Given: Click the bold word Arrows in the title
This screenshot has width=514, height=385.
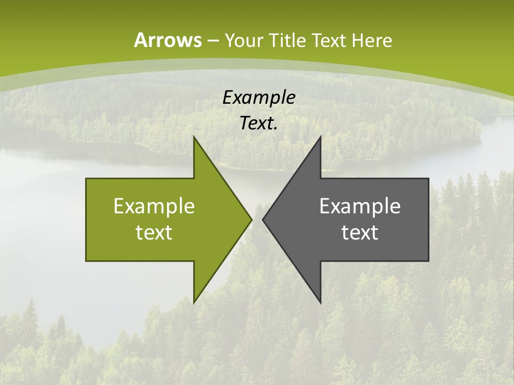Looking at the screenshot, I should click(x=168, y=40).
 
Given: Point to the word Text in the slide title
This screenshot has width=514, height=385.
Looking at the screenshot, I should click(x=329, y=40).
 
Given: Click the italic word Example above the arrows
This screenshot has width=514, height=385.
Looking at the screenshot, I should click(x=259, y=97).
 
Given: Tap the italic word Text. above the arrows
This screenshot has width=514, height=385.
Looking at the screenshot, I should click(x=259, y=123).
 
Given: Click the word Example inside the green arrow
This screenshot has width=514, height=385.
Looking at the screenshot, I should click(x=154, y=206).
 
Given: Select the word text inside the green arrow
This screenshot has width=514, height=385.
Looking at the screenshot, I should click(x=154, y=233).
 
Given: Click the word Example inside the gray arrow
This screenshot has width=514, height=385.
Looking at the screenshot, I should click(x=360, y=206).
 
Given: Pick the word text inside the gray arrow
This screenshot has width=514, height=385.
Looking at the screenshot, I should click(x=360, y=233).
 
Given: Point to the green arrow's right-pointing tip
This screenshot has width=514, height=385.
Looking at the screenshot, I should click(x=251, y=219).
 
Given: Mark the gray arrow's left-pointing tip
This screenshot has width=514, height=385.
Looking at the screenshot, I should click(x=263, y=219).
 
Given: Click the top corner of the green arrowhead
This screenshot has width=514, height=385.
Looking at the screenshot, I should click(x=194, y=136).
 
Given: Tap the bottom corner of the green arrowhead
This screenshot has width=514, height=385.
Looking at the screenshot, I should click(x=194, y=303).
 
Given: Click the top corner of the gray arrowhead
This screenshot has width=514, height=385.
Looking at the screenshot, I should click(x=320, y=136).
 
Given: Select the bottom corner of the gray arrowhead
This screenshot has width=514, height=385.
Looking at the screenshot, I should click(x=320, y=303).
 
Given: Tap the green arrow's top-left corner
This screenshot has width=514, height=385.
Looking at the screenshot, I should click(x=86, y=179).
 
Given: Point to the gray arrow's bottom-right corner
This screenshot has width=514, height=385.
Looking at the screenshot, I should click(x=428, y=260).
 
